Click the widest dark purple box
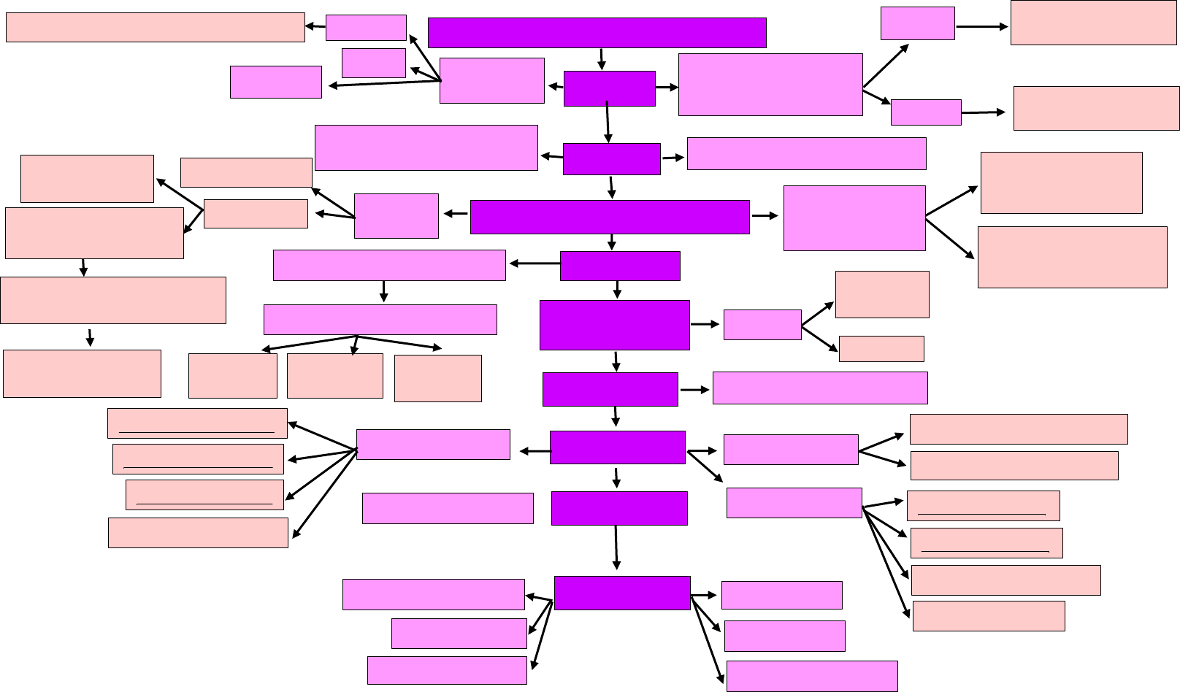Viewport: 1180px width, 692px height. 597,33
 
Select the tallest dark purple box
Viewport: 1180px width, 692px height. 614,325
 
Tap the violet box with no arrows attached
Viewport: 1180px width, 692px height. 448,508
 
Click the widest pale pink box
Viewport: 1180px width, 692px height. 155,27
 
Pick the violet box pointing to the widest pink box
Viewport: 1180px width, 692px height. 366,28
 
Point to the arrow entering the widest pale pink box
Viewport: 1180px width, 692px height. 315,27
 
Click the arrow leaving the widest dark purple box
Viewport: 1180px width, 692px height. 601,59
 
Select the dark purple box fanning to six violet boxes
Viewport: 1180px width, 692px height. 622,593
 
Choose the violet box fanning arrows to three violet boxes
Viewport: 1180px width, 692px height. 491,80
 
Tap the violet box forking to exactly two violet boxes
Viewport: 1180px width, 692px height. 770,85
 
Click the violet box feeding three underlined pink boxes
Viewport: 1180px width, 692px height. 433,445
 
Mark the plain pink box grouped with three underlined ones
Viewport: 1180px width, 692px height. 198,533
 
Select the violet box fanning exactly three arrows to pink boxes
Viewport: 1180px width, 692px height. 380,320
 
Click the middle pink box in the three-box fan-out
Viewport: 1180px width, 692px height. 335,376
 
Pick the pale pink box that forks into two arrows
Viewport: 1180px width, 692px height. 256,214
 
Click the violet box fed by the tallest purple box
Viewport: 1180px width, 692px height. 762,325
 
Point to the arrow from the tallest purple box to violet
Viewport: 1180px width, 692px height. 705,324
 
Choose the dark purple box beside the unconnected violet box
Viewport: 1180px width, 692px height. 619,508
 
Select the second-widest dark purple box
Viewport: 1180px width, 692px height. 610,217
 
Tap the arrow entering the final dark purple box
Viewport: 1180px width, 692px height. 617,547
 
